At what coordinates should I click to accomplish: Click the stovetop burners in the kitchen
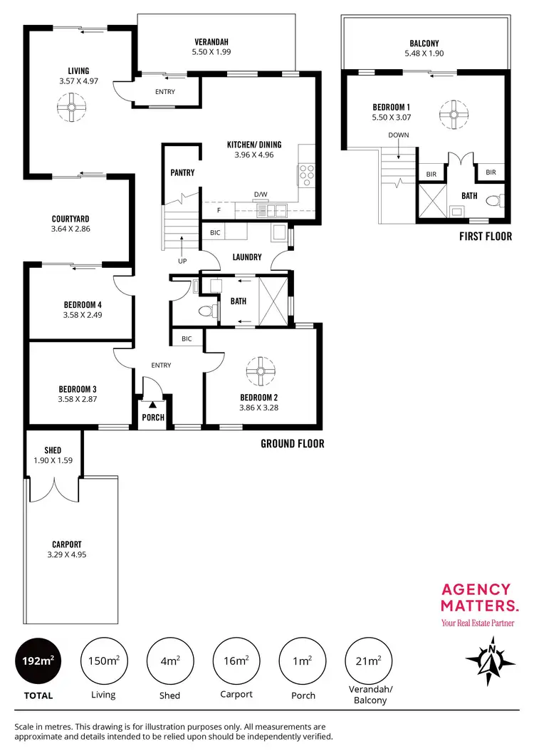[307, 175]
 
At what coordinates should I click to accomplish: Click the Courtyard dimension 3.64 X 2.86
[70, 229]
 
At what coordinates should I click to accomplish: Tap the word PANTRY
[182, 173]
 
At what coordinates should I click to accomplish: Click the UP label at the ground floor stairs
[182, 261]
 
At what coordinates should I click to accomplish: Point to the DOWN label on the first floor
[398, 135]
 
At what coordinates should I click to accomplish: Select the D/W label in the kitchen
[260, 194]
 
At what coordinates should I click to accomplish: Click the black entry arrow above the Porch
[152, 405]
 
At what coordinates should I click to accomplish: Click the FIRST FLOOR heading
[486, 237]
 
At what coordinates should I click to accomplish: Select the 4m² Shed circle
[170, 661]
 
